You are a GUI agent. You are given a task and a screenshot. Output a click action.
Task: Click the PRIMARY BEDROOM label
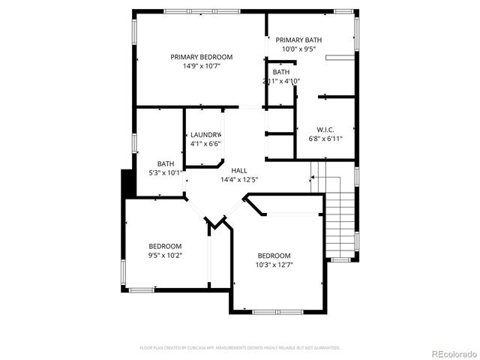201,57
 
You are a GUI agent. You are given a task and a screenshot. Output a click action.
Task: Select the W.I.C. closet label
325,128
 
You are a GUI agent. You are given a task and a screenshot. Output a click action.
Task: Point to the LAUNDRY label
205,134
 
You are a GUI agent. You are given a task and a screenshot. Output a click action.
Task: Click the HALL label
238,171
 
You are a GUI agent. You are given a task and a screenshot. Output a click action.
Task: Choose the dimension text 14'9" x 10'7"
201,66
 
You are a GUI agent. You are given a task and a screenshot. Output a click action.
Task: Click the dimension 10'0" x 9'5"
298,49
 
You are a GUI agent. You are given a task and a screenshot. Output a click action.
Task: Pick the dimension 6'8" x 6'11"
325,138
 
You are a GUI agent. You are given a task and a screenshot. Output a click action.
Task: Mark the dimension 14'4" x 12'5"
238,180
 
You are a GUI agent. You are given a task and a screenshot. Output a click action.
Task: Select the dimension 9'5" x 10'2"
165,255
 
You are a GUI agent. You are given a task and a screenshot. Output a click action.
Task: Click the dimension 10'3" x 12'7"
274,264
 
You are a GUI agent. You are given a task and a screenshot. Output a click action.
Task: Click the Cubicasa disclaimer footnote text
240,348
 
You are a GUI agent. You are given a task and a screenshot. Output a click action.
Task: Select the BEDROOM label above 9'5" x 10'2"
165,246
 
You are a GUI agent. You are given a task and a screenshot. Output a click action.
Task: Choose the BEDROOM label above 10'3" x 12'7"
274,255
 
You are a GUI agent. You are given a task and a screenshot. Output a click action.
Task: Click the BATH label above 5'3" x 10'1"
166,163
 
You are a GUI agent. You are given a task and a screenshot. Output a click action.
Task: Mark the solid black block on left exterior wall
127,184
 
